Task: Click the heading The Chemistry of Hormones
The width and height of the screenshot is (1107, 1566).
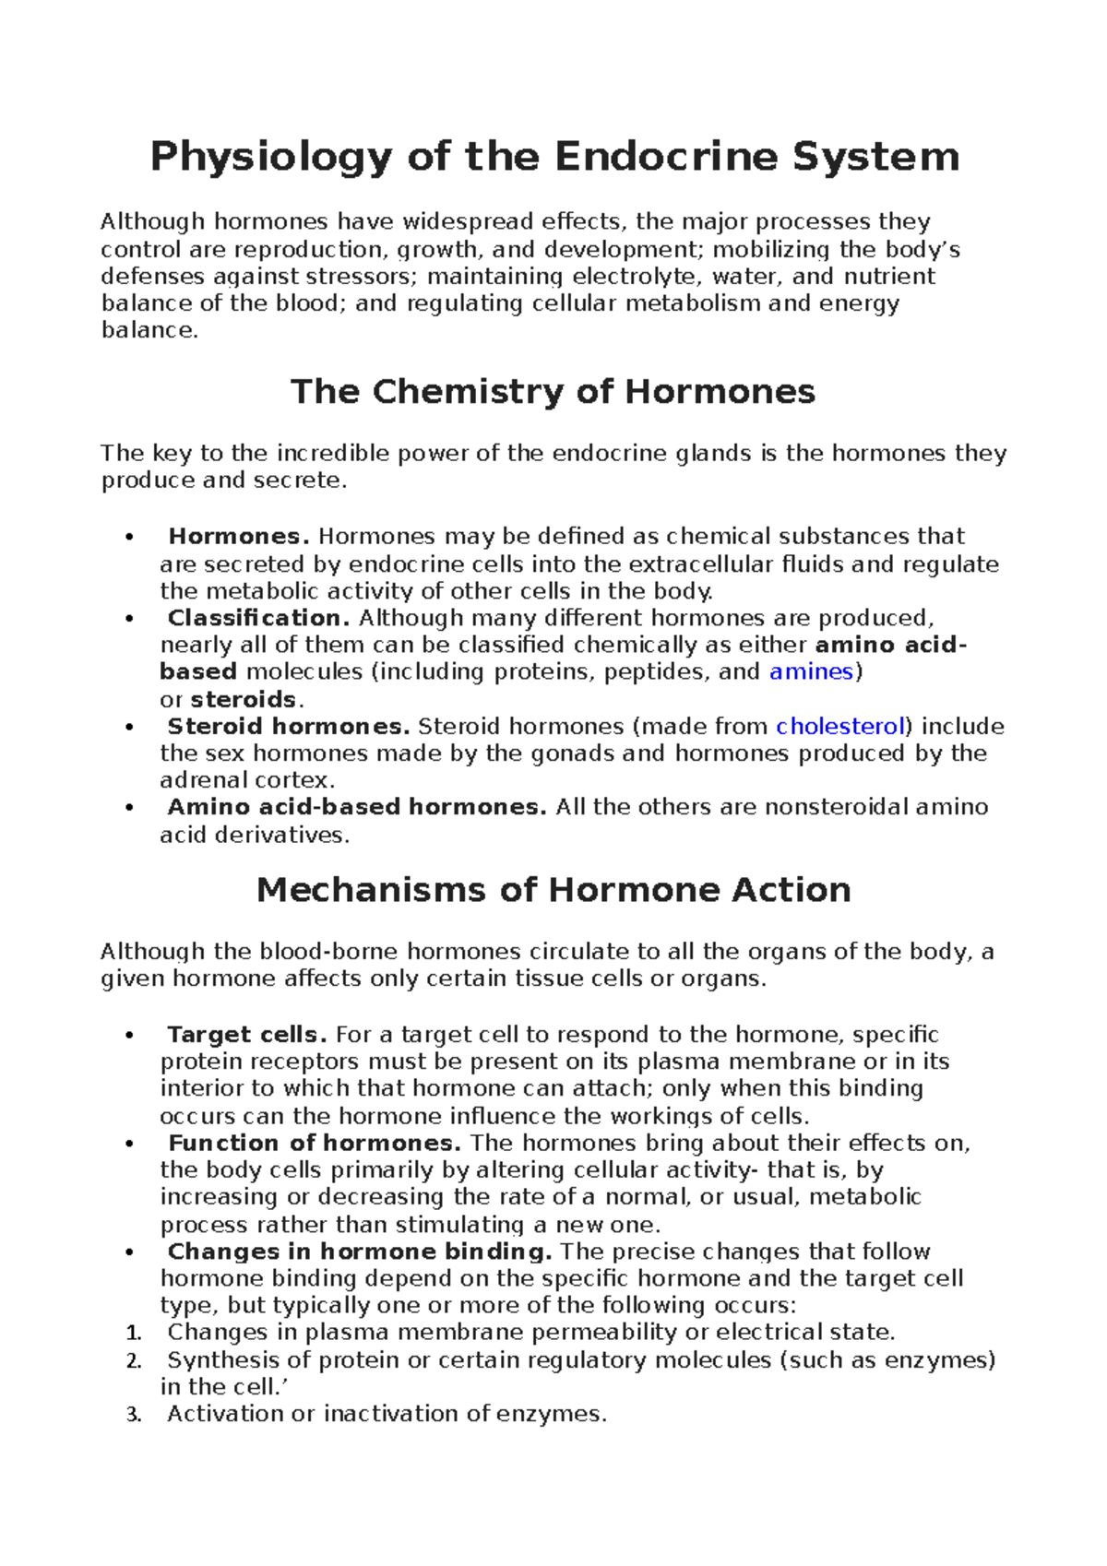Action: pyautogui.click(x=553, y=392)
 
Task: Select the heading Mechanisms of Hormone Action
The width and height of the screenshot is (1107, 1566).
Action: pyautogui.click(x=553, y=890)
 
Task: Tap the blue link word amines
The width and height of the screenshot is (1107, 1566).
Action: pyautogui.click(x=811, y=671)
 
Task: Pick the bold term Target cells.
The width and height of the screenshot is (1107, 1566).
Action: pyautogui.click(x=246, y=1035)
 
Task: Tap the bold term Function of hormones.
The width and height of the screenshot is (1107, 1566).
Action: pyautogui.click(x=314, y=1144)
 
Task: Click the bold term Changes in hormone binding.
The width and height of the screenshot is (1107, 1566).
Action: pyautogui.click(x=359, y=1252)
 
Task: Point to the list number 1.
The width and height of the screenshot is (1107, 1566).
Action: pyautogui.click(x=133, y=1334)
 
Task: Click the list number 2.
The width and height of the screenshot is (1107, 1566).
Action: pyautogui.click(x=133, y=1361)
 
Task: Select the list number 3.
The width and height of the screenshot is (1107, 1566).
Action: pyautogui.click(x=133, y=1415)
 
